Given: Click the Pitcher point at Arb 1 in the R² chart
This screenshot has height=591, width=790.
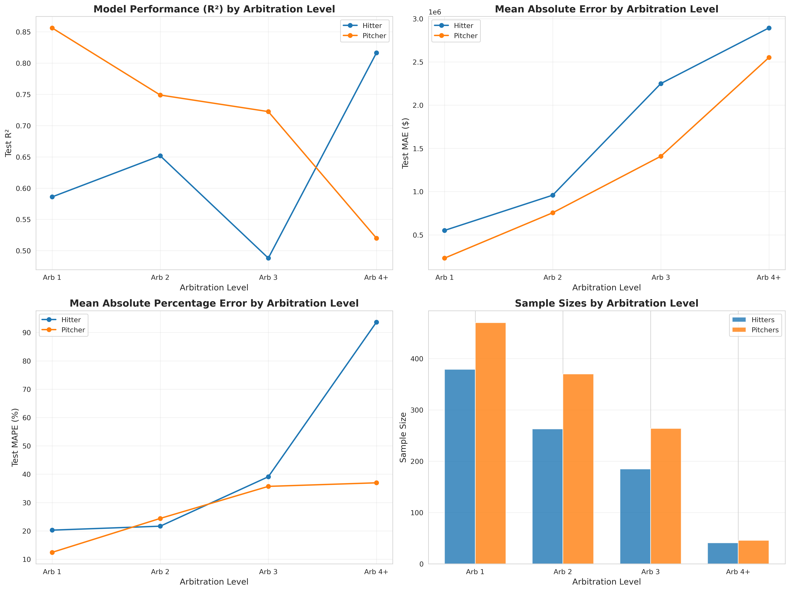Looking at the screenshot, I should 52,28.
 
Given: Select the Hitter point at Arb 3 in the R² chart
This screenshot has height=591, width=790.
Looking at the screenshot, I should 268,258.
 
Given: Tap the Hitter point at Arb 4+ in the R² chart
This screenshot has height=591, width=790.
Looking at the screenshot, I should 376,53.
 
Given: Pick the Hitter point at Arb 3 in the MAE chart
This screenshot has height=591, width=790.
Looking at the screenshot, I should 661,84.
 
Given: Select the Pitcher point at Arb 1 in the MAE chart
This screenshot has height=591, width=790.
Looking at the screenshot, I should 445,258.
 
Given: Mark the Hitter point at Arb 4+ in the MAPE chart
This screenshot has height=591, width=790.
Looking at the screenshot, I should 376,322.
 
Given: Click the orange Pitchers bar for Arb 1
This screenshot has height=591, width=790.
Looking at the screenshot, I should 490,443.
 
